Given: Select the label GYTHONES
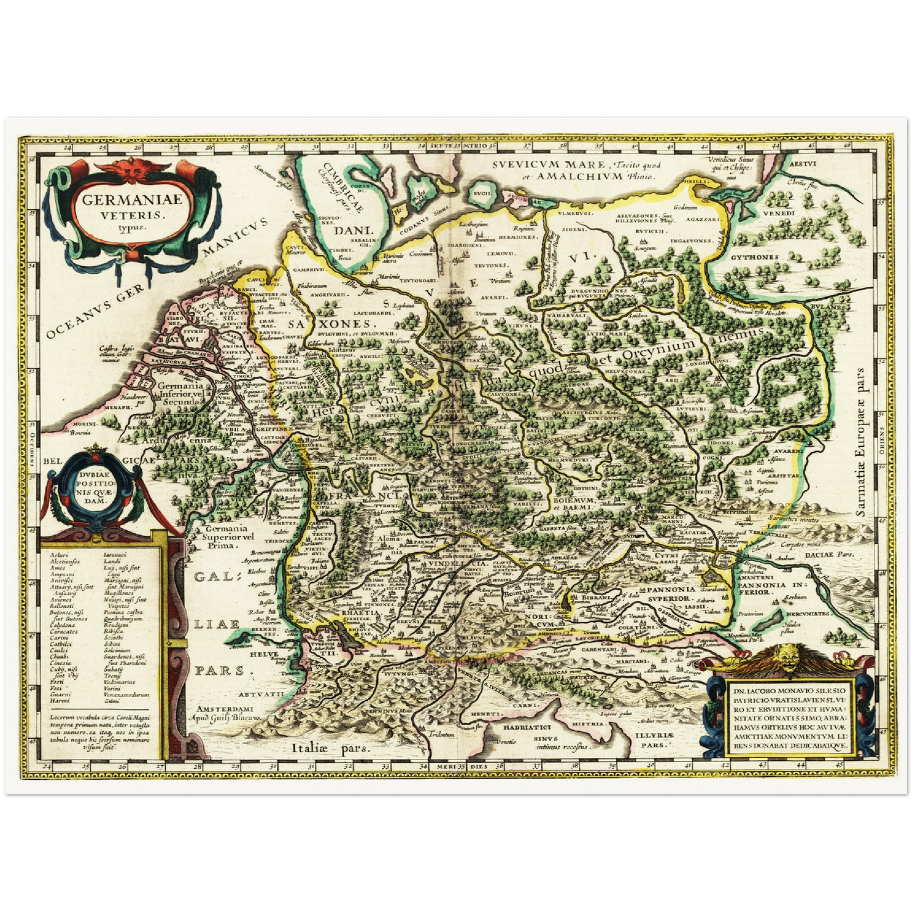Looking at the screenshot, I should (x=754, y=258).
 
